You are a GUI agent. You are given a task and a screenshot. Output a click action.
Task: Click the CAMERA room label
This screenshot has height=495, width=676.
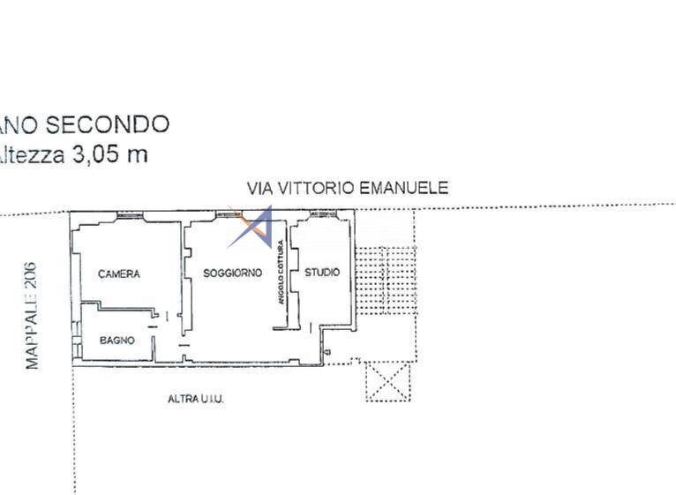coord(118,274)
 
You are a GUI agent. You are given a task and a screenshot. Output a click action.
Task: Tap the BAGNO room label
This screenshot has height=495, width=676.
coord(116,340)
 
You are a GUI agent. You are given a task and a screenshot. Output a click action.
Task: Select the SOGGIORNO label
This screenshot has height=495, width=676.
coord(232,274)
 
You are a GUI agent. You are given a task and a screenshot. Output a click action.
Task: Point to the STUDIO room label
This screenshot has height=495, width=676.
coord(321,273)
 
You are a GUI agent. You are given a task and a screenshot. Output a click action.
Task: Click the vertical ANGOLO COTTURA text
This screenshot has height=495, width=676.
coord(282,273)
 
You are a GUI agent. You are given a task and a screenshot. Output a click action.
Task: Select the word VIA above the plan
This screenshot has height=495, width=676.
coord(259,187)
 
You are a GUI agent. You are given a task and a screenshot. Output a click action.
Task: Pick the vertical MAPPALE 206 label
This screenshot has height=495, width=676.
coord(32,314)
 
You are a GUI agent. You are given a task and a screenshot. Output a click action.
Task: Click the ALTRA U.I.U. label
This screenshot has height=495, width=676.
coord(196,400)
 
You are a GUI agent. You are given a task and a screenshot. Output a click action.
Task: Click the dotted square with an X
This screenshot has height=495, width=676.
coord(388,381)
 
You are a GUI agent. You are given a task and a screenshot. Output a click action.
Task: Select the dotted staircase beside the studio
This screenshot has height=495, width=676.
coord(385,278)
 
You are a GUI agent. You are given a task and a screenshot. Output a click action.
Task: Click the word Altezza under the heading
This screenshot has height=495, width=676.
coord(32,155)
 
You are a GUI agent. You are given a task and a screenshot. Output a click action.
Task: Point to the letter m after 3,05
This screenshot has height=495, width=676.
coord(137,156)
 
